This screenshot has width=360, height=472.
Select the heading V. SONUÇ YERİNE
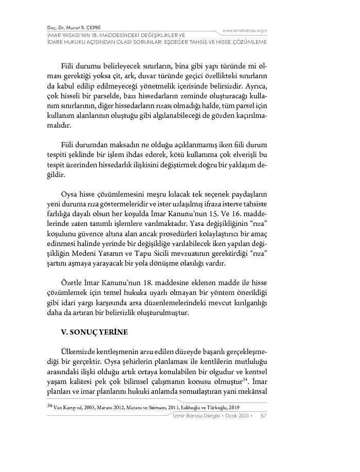click(x=94, y=332)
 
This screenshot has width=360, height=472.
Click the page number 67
click(x=263, y=415)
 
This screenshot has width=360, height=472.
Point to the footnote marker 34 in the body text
click(x=246, y=379)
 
